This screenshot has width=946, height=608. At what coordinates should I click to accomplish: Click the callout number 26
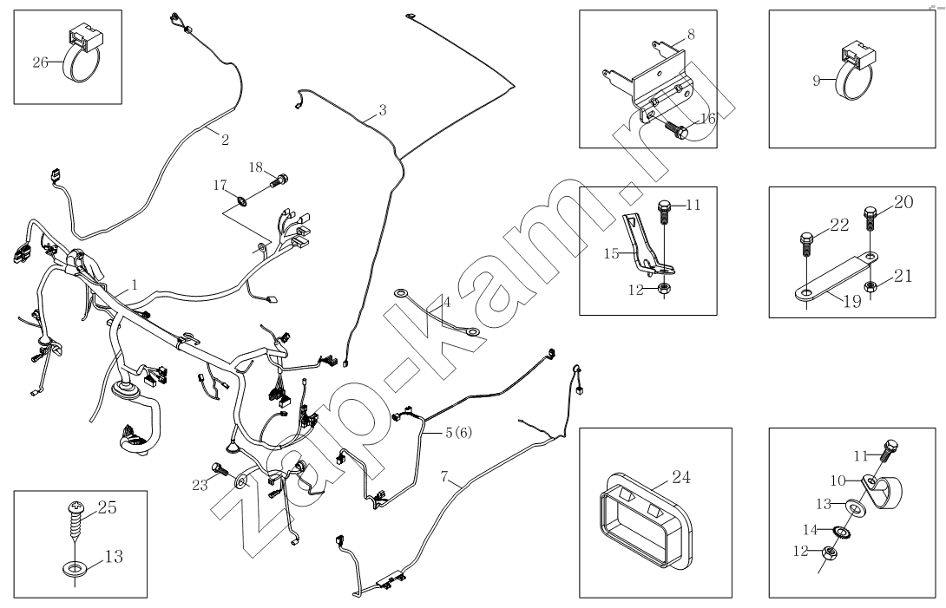pos(40,62)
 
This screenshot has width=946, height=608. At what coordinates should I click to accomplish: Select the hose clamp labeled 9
pos(855,74)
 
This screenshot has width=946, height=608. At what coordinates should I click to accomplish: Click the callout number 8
pos(691,36)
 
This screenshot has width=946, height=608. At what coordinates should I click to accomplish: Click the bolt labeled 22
pos(806,245)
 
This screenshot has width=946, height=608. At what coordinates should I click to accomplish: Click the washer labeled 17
pos(241,203)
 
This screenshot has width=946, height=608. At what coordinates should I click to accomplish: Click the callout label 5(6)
pos(459,432)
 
